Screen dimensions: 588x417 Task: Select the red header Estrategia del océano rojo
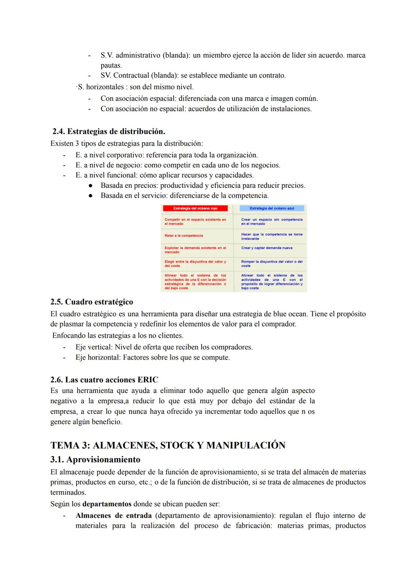tap(195, 208)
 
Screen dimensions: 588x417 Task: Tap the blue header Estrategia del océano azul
tap(272, 208)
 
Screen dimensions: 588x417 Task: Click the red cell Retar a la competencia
tap(184, 236)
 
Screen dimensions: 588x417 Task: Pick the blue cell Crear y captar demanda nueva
tap(267, 248)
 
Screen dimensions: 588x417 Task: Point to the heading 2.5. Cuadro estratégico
tap(92, 302)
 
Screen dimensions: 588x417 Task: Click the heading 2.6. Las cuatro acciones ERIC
tap(104, 379)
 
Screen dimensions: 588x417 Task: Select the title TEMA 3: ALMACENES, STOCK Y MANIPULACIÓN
tap(168, 445)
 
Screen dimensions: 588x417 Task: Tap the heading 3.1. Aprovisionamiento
tap(95, 460)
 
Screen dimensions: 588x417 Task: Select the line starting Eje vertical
tap(164, 347)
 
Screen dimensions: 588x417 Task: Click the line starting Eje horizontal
tap(153, 357)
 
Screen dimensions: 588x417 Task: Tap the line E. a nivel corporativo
tap(166, 155)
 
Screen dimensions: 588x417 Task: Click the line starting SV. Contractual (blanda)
tap(193, 76)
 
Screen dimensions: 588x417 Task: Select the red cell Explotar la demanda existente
tap(195, 250)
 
